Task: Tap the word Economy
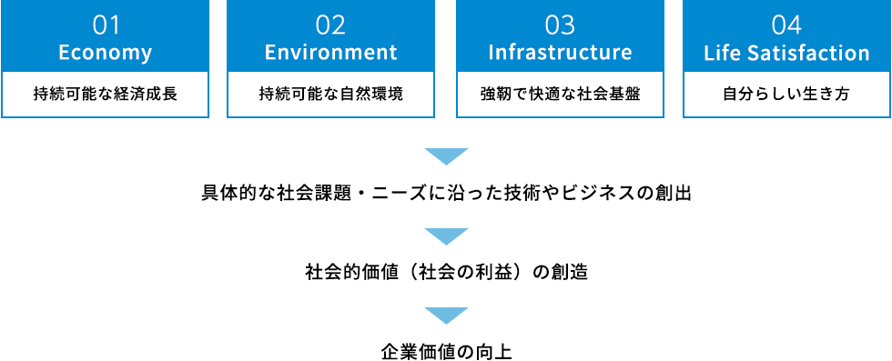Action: [105, 53]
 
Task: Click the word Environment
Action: [331, 53]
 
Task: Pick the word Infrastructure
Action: [560, 53]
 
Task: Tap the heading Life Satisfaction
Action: [786, 53]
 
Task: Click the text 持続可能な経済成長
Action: [105, 95]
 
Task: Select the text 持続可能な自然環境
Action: [331, 95]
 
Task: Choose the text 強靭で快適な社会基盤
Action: [560, 95]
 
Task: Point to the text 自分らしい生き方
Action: [786, 95]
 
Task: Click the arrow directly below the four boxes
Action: [446, 156]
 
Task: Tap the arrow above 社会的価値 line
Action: [446, 236]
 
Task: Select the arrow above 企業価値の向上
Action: [446, 315]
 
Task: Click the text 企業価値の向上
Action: [446, 350]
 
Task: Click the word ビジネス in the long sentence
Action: [597, 194]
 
